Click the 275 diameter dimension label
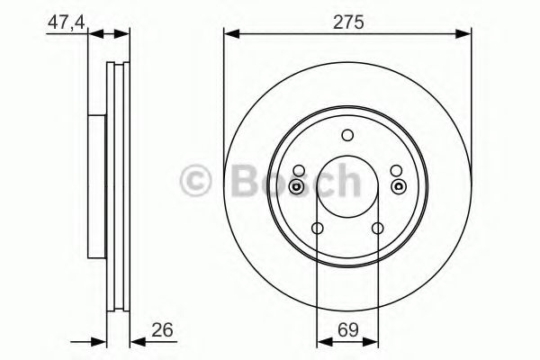[x=347, y=24]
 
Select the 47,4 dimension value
[x=66, y=19]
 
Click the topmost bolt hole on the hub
[x=347, y=136]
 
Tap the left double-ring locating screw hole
[x=298, y=186]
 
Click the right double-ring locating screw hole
[x=397, y=186]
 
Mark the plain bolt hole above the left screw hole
[x=298, y=170]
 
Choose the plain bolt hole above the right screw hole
[x=397, y=170]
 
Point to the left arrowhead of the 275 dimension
[x=230, y=35]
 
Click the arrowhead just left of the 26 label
[x=136, y=341]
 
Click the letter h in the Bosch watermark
[x=346, y=181]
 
